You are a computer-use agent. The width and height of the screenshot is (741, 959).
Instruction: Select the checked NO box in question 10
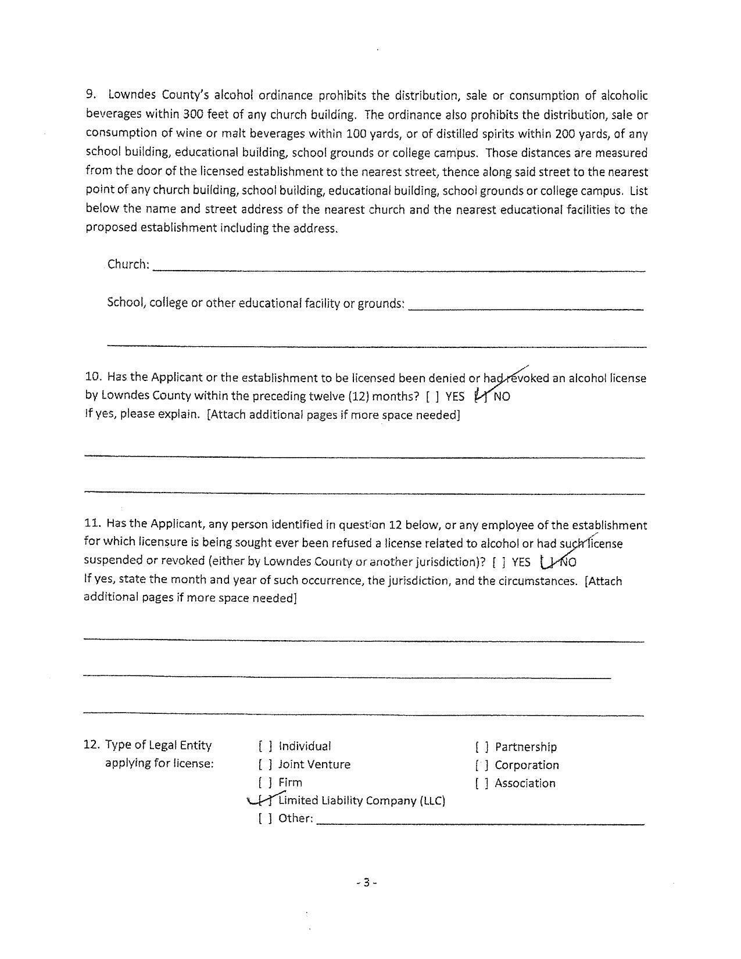pos(481,397)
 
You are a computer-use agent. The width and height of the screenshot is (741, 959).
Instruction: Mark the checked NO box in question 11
pos(547,562)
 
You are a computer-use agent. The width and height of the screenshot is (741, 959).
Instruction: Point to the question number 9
pos(91,95)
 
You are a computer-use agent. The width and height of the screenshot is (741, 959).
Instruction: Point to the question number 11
pos(92,524)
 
